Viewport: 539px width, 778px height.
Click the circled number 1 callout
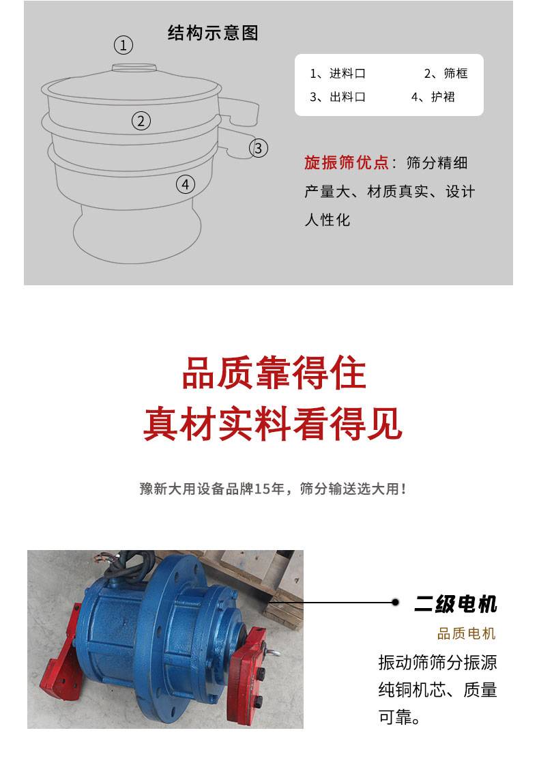123,45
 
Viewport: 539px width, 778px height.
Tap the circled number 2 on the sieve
141,121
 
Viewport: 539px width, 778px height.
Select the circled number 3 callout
259,148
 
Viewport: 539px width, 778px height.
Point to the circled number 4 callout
186,184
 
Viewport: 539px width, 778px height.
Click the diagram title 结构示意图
214,33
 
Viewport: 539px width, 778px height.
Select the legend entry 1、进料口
338,74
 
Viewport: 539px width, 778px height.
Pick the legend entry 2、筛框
446,74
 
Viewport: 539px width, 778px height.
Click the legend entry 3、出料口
338,97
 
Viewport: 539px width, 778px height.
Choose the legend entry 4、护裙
433,97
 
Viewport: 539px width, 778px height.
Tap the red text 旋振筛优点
346,162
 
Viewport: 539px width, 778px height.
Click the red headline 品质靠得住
274,373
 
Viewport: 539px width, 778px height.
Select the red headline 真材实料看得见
273,423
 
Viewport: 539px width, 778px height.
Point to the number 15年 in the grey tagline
269,489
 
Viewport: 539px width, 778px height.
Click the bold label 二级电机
456,604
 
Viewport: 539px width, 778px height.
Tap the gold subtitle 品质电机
466,633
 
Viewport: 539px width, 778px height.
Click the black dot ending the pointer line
395,603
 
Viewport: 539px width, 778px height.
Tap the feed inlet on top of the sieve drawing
134,68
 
